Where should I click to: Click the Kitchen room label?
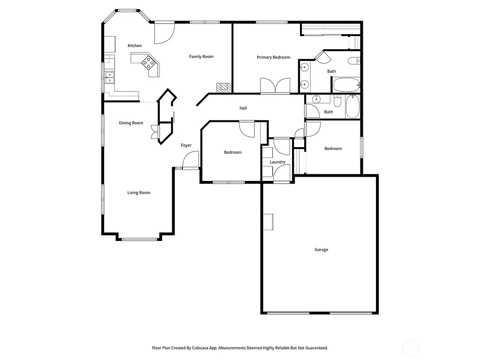[135, 45]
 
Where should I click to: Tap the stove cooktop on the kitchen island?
[149, 62]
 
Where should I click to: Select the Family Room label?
[201, 57]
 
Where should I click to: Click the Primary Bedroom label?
[273, 57]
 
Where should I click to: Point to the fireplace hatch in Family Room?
[224, 88]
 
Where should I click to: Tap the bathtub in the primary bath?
[346, 85]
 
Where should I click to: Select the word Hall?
[243, 108]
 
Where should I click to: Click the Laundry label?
[277, 162]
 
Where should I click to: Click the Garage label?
[321, 250]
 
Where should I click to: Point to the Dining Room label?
[131, 123]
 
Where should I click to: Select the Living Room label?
[139, 193]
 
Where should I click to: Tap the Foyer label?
[186, 145]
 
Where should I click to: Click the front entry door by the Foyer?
[191, 161]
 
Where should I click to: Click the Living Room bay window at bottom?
[139, 240]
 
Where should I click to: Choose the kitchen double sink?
[109, 76]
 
